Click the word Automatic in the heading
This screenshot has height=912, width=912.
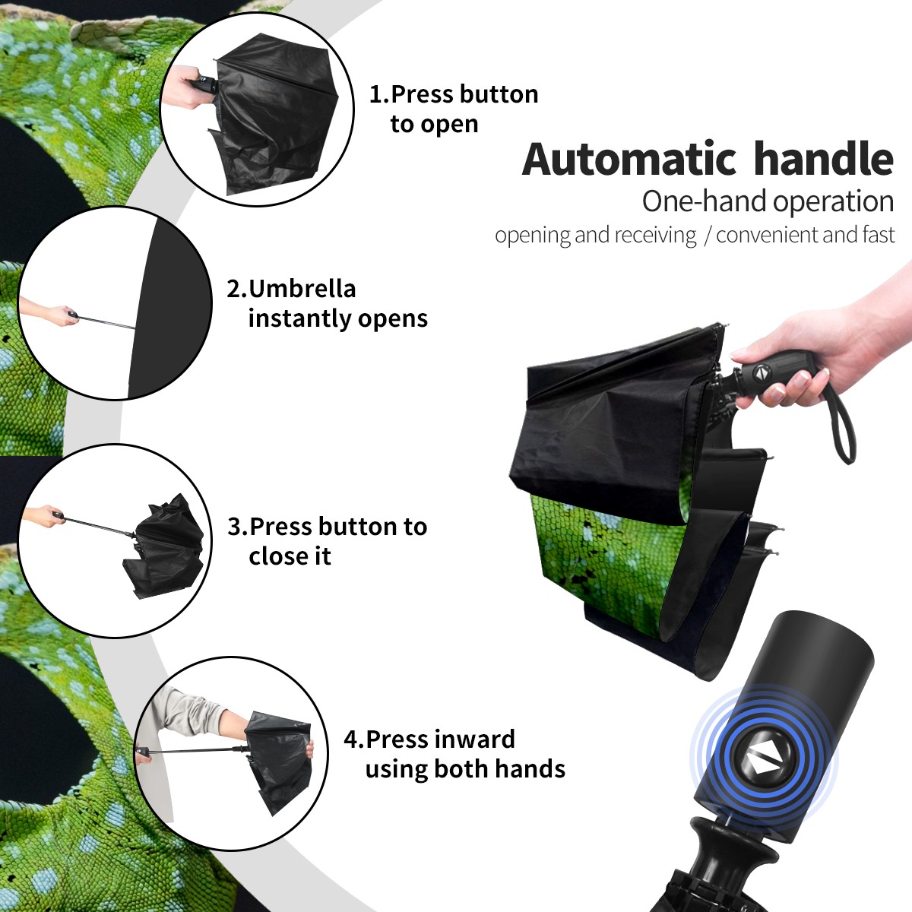pos(629,160)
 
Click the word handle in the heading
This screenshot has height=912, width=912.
pos(824,159)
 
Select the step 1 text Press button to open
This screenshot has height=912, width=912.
pos(454,109)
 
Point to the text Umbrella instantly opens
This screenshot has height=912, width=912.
pos(327,303)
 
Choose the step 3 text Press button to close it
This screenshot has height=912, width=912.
pos(327,541)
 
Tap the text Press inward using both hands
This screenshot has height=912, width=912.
pos(454,754)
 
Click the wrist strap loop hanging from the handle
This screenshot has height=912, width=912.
pos(841,421)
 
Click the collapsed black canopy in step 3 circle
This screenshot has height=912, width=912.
pos(166,546)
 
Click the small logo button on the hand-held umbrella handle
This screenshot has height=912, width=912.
pos(762,372)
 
